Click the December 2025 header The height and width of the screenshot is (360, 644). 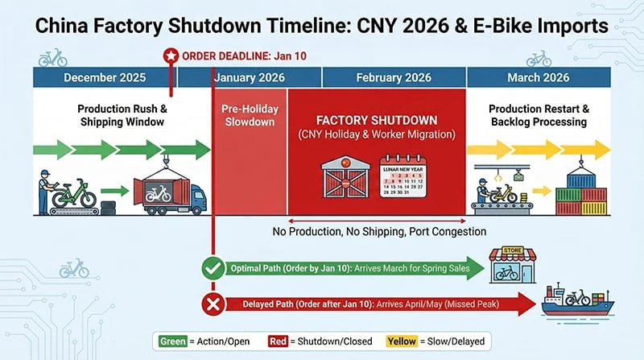pos(105,78)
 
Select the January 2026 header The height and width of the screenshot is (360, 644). pos(250,78)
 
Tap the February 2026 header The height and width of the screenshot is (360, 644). pos(394,78)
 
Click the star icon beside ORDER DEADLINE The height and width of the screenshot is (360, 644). pos(170,56)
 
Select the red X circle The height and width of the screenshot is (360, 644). pos(213,304)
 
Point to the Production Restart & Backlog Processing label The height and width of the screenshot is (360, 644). pos(538,114)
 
